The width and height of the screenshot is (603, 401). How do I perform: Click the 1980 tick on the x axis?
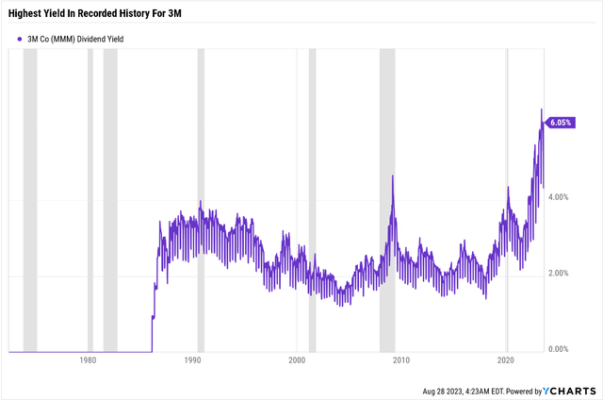point(88,360)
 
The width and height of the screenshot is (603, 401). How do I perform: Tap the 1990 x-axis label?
point(192,360)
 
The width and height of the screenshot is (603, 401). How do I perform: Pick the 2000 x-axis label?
point(297,360)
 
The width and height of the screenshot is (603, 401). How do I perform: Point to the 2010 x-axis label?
point(401,360)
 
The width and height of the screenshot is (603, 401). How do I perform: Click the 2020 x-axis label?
point(506,360)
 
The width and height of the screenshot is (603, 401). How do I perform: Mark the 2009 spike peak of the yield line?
point(392,176)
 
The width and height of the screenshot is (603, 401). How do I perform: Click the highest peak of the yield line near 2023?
point(541,109)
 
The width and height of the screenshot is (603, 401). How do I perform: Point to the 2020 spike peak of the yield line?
point(508,187)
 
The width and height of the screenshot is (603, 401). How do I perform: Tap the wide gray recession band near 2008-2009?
point(387,198)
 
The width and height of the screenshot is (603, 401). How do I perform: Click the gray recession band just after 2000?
point(313,198)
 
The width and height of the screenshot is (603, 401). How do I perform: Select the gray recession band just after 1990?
point(201,198)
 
